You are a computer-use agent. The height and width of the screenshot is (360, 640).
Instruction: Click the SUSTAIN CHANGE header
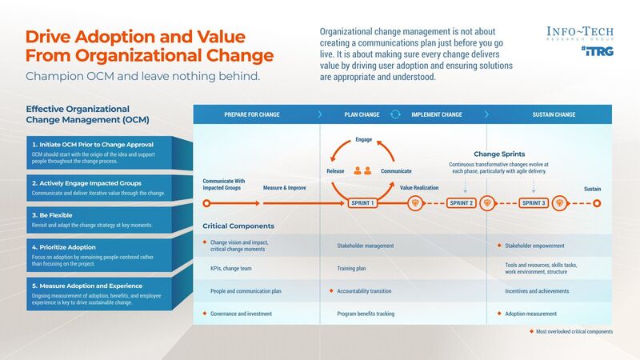[x=554, y=114]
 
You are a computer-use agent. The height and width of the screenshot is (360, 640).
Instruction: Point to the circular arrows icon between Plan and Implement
[x=394, y=114]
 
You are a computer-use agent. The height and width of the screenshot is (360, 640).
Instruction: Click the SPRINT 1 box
[x=363, y=203]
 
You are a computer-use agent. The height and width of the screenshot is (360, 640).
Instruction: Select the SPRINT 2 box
[x=462, y=203]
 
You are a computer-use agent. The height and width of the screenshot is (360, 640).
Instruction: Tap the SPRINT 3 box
[x=534, y=203]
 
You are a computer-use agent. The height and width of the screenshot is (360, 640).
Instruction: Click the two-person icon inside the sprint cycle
[x=363, y=170]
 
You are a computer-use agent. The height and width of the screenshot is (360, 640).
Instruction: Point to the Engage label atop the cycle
[x=363, y=140]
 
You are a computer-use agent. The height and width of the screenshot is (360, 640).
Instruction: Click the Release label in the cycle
[x=335, y=171]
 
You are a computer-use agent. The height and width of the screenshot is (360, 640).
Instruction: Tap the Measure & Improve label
[x=285, y=187]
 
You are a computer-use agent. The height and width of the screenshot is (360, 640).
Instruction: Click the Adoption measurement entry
[x=530, y=314]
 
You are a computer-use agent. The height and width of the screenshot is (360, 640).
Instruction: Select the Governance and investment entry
[x=237, y=314]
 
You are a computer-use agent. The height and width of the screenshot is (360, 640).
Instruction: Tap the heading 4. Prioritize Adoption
[x=67, y=247]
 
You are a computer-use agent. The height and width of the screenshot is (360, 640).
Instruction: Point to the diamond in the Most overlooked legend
[x=530, y=331]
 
